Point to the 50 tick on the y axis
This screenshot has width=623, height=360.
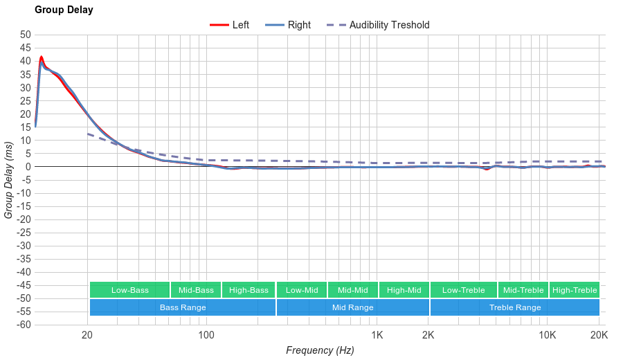(26, 35)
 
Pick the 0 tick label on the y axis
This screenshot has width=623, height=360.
(28, 167)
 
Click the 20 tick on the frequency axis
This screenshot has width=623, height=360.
(87, 336)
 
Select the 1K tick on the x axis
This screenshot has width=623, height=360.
(377, 336)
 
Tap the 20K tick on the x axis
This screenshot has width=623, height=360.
(599, 336)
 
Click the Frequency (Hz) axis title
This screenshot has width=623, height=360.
(320, 350)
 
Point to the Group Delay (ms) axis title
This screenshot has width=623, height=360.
(9, 179)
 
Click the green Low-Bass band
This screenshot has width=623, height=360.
(129, 290)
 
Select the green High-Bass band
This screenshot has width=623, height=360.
(249, 290)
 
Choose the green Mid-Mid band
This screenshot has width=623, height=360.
(352, 290)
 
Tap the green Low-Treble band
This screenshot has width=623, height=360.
(463, 290)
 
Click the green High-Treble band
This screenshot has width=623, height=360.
(575, 290)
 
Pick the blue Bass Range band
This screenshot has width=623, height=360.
(182, 307)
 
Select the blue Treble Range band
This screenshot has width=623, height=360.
(514, 307)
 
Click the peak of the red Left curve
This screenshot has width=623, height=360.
(42, 57)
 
